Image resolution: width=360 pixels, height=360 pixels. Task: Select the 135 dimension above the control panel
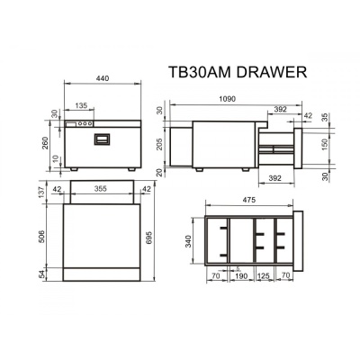pos(81,105)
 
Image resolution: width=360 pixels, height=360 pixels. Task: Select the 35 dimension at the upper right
pos(325,116)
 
